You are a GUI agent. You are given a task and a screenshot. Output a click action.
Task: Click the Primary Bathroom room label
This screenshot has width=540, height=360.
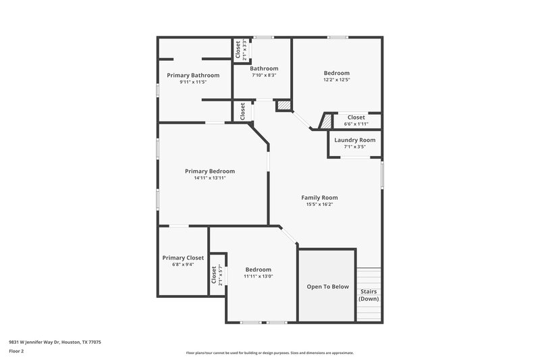pyautogui.click(x=193, y=75)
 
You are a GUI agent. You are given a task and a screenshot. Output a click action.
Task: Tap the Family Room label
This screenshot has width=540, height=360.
pyautogui.click(x=319, y=197)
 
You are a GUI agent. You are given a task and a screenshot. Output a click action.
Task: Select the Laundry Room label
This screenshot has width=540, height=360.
pyautogui.click(x=354, y=140)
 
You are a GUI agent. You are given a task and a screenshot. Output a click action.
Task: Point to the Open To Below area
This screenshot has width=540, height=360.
pyautogui.click(x=327, y=286)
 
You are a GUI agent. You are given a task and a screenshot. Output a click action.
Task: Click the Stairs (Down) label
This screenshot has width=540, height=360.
pyautogui.click(x=369, y=295)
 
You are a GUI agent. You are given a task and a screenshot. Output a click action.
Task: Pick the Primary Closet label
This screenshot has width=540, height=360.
pyautogui.click(x=183, y=257)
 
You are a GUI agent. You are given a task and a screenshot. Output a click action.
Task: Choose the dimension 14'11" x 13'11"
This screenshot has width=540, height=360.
pyautogui.click(x=209, y=178)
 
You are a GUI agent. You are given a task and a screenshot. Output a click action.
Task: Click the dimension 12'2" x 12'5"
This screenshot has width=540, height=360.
pyautogui.click(x=336, y=80)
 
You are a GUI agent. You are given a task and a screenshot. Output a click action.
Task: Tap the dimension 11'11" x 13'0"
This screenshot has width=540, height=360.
pyautogui.click(x=259, y=276)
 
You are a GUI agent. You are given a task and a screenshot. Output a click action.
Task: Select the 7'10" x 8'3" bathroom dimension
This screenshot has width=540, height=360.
pyautogui.click(x=263, y=75)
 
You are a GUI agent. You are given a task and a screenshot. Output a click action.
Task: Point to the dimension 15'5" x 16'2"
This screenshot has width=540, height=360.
pyautogui.click(x=319, y=204)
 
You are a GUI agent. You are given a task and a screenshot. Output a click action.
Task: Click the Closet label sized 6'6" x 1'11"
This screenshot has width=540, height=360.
pyautogui.click(x=356, y=117)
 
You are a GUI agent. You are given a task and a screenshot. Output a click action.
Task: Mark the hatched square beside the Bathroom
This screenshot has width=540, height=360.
pyautogui.click(x=283, y=105)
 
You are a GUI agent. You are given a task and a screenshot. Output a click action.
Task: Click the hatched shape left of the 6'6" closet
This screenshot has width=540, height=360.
pyautogui.click(x=326, y=122)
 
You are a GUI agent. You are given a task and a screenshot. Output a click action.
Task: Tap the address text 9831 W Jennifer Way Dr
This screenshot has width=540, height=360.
pyautogui.click(x=55, y=342)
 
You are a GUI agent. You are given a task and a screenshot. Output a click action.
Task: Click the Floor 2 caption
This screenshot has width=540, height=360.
pyautogui.click(x=16, y=352)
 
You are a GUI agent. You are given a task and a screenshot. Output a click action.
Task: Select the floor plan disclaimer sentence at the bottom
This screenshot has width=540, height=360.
pyautogui.click(x=269, y=353)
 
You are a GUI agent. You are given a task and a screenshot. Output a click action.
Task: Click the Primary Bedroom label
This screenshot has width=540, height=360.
pyautogui.click(x=209, y=172)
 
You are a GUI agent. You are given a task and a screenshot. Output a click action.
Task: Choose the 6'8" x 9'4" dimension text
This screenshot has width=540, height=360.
pyautogui.click(x=183, y=264)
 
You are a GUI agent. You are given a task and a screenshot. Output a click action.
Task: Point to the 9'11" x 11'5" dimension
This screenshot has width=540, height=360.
pyautogui.click(x=193, y=82)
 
